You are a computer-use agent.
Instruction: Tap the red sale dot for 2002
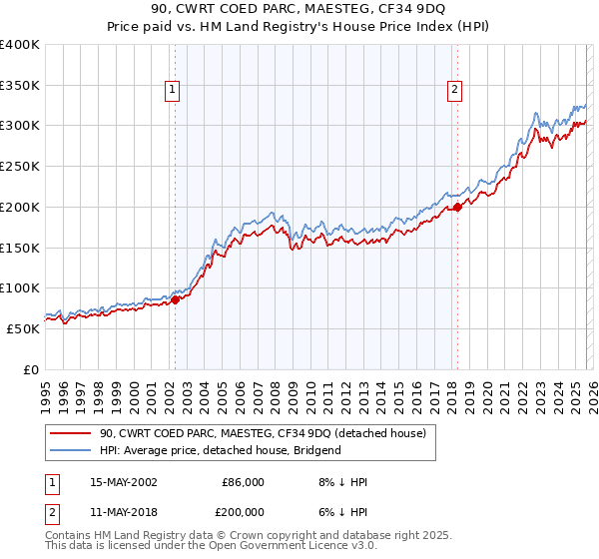[175, 298]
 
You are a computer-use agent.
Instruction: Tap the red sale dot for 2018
[457, 207]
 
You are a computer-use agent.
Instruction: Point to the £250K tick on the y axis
[20, 166]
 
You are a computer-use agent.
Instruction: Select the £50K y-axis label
[23, 328]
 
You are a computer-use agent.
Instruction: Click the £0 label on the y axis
[32, 369]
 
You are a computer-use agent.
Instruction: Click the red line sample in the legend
[71, 433]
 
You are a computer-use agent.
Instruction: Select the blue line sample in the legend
[71, 450]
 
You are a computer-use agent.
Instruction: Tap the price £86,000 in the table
[242, 482]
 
